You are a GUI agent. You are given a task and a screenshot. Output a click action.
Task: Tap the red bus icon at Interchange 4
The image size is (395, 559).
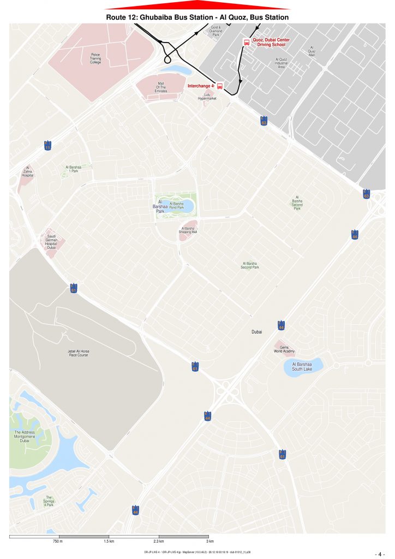220,86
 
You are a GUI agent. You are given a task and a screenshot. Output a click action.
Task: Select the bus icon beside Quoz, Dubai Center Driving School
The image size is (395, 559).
247,42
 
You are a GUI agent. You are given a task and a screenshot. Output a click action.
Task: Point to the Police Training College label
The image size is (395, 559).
95,58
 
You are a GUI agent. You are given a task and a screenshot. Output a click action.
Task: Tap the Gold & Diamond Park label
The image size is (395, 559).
216,31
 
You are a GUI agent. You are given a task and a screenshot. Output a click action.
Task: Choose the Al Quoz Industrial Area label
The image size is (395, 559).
282,63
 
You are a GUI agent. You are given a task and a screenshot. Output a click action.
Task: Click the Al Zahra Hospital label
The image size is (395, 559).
28,172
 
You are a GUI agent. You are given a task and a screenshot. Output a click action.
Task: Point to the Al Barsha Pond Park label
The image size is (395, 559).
176,205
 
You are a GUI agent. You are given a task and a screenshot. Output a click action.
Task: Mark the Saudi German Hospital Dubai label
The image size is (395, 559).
51,241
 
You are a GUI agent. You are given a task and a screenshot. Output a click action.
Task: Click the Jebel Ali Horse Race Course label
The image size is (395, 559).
79,353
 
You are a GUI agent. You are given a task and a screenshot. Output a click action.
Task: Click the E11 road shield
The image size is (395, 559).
47,145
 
